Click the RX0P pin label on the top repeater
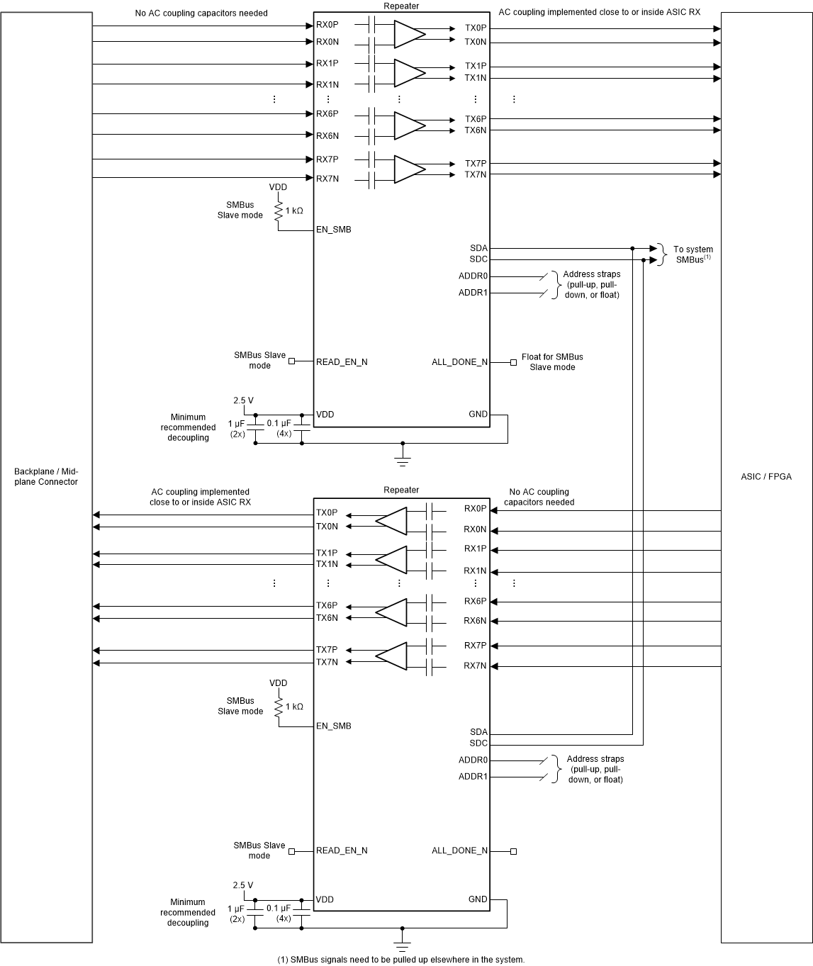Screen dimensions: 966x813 (327, 26)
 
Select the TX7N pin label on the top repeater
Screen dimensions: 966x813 (476, 174)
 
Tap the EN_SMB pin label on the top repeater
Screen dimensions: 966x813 (333, 230)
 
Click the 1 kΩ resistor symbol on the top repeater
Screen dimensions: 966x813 (279, 210)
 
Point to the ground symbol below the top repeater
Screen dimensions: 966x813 (403, 461)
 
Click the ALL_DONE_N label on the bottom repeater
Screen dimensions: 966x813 (459, 850)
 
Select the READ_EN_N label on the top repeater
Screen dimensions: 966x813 (342, 362)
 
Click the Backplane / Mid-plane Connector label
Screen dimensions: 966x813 (46, 476)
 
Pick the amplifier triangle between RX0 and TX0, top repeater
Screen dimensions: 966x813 (409, 33)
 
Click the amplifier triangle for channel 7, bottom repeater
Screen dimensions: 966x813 (391, 656)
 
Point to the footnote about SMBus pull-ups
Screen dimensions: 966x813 (400, 960)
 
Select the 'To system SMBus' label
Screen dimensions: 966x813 (693, 254)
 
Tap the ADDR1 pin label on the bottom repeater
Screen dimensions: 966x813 (473, 777)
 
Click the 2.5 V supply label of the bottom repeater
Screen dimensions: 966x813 (242, 885)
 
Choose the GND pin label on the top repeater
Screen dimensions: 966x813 (478, 414)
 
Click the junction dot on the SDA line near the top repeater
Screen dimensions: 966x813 (632, 249)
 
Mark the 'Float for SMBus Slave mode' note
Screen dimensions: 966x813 (552, 361)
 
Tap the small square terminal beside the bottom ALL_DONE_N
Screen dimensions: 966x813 (513, 850)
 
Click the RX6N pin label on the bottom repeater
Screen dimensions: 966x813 (475, 621)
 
